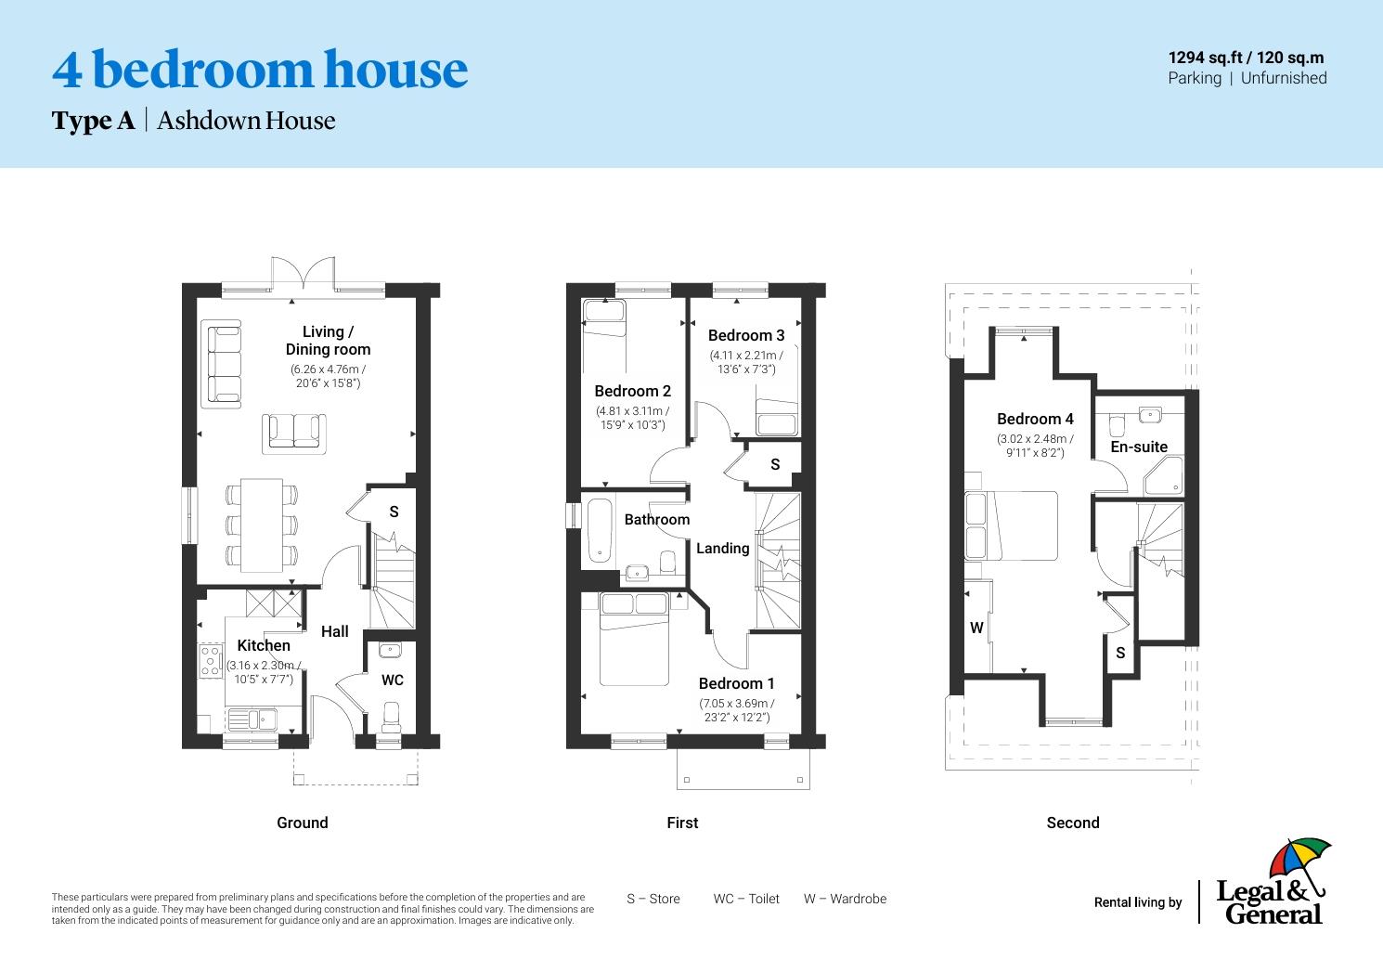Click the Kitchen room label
point(264,645)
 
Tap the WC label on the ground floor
point(393,680)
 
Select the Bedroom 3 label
point(746,335)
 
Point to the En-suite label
point(1139,447)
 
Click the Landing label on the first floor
point(722,548)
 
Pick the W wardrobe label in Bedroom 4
point(976,628)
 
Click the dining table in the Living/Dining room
point(262,525)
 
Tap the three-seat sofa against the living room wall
point(222,363)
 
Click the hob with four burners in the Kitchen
point(210,660)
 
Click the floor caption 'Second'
point(1072,823)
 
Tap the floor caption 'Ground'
point(303,823)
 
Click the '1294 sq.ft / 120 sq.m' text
point(1246,58)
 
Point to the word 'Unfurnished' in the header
point(1284,78)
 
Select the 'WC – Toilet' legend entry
point(746,899)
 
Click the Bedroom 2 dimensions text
point(632,418)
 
